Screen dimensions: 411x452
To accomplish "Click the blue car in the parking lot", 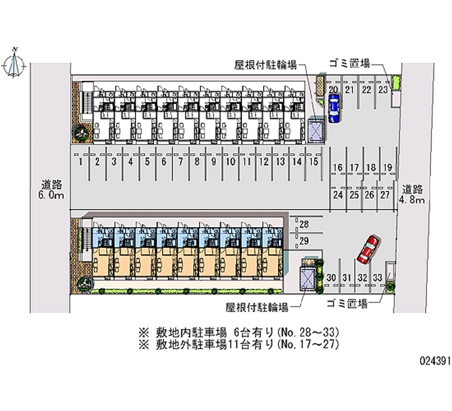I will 333,107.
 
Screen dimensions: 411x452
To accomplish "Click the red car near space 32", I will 368,249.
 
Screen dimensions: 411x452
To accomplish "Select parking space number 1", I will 81,162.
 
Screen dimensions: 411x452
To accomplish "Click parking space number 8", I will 197,162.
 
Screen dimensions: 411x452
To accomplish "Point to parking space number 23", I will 383,90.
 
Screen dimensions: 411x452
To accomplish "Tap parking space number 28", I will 304,224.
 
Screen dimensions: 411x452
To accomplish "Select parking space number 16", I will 338,167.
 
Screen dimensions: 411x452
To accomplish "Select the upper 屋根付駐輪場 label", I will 266,64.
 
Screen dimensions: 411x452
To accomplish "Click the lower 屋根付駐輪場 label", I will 257,308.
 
